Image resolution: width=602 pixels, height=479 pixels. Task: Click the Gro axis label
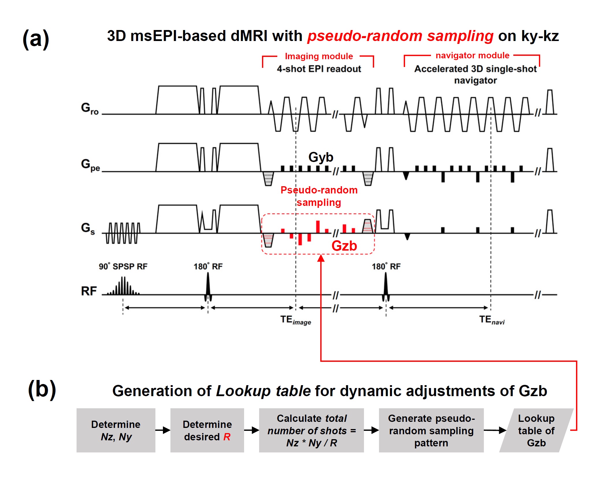point(90,109)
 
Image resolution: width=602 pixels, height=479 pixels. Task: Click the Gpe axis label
point(90,165)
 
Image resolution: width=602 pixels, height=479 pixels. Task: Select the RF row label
point(89,291)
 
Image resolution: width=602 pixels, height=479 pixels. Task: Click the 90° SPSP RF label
point(123,266)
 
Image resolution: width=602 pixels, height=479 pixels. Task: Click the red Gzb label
point(344,246)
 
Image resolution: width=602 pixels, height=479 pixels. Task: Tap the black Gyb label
point(321,157)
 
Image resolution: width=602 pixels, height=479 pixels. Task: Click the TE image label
point(296,320)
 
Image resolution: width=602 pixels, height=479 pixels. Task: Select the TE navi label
point(492,320)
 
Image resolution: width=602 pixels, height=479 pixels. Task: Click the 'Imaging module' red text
point(319,56)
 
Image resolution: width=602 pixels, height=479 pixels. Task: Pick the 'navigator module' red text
point(472,55)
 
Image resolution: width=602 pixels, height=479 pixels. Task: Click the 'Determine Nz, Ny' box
point(116,430)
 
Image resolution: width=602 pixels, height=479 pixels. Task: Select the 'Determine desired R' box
point(207,430)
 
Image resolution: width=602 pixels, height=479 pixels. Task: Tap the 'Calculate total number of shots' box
point(311,430)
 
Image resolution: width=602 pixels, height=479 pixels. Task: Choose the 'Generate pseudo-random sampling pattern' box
point(431,430)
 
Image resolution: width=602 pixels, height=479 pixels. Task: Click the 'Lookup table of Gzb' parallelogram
point(536,430)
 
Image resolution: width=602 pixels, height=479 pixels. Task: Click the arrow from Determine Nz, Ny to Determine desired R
point(163,430)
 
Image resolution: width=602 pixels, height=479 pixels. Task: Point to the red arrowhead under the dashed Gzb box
point(321,258)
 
